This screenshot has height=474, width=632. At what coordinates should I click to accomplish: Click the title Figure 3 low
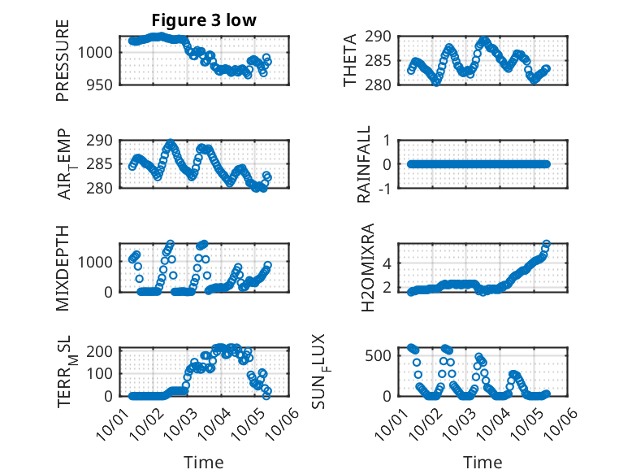205,20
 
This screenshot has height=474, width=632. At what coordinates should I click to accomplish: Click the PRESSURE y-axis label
63,60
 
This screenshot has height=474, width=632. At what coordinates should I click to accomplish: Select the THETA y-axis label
350,60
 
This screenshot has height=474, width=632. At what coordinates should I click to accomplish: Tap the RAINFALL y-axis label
365,164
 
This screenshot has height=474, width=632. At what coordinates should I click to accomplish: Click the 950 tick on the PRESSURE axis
103,85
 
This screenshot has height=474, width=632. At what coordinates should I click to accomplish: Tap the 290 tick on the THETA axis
383,36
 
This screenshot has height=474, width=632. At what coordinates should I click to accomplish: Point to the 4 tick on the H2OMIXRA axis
387,263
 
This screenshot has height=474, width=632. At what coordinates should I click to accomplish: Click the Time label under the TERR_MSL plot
205,462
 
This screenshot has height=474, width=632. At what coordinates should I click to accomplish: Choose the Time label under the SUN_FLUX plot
483,462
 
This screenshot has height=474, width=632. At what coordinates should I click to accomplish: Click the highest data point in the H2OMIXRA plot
547,244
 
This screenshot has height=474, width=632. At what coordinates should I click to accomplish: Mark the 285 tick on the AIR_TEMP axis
103,164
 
